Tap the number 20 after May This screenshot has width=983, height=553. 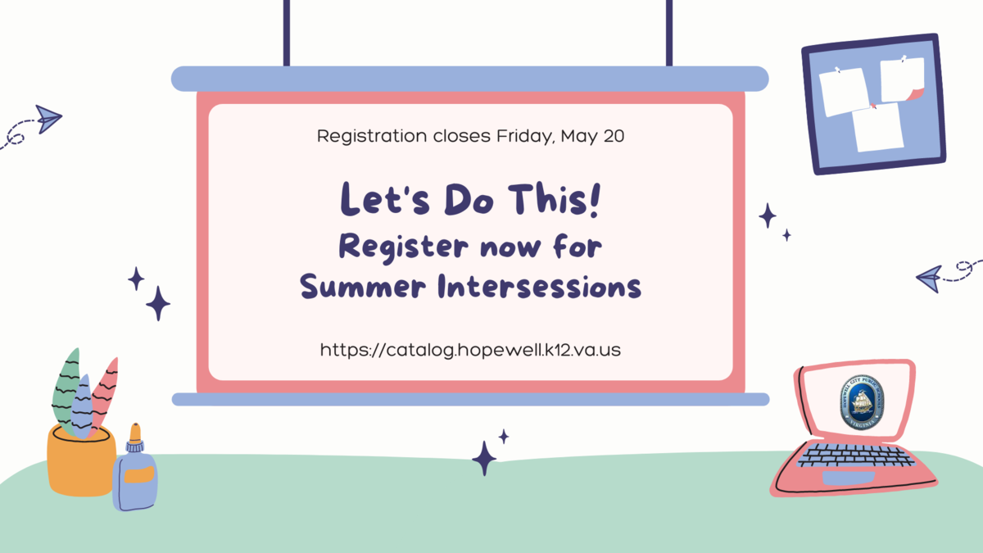tap(614, 136)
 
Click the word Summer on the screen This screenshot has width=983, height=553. tap(362, 286)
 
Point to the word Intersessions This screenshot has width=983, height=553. tap(539, 286)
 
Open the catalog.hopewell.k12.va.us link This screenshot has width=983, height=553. tap(470, 351)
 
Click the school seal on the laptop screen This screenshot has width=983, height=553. tap(862, 402)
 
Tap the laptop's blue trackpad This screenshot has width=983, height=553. tap(848, 478)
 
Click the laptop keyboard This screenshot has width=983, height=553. tap(855, 456)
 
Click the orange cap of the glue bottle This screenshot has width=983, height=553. tap(135, 433)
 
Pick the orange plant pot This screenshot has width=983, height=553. tap(81, 460)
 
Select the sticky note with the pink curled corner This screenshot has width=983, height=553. tap(903, 79)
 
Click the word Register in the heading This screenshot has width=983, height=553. tap(404, 247)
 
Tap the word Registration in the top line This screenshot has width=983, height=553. tap(372, 137)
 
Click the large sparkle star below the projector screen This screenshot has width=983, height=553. tap(484, 459)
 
